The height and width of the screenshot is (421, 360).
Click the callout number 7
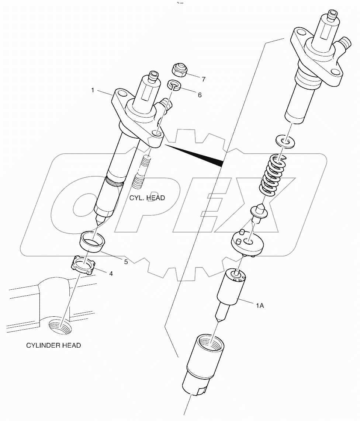pos(203,79)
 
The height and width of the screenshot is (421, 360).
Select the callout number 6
pos(200,95)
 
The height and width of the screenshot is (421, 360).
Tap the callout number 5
pos(126,262)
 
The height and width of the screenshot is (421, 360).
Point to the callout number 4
pos(110,274)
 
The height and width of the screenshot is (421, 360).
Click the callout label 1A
pos(260,306)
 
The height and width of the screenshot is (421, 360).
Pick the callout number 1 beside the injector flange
pos(93,90)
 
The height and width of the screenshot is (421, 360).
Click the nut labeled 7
pos(180,69)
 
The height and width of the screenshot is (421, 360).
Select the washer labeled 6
pos(174,85)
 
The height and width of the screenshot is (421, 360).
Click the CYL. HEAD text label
pos(147,198)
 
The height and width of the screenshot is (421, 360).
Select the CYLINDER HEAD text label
pos(53,345)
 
